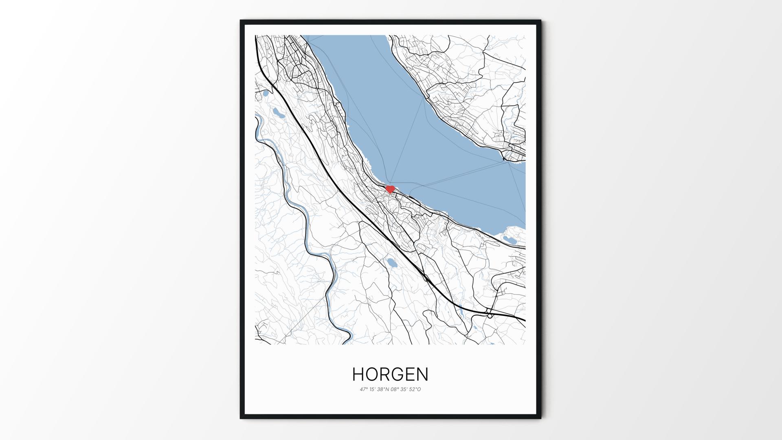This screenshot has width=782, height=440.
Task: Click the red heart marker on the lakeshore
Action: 390,189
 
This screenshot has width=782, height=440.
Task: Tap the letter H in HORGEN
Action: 358,374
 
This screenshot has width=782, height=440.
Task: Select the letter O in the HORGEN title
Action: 372,374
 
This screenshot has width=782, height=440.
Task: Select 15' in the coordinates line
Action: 373,389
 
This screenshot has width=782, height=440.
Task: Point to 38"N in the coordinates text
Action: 383,389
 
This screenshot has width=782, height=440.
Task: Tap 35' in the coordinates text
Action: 404,389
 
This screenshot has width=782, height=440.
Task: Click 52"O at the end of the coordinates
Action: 415,389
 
